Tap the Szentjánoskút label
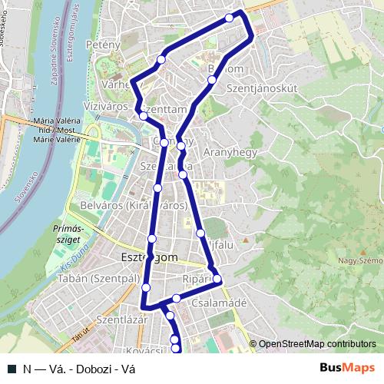pyautogui.click(x=262, y=89)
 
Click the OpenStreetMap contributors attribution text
pyautogui.click(x=317, y=344)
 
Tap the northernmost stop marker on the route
pyautogui.click(x=229, y=18)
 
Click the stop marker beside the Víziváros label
pyautogui.click(x=143, y=116)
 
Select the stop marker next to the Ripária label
pyautogui.click(x=217, y=279)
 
